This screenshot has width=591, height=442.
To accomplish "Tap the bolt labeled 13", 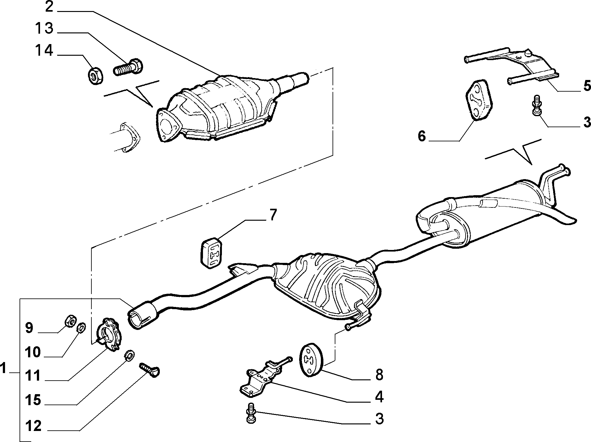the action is click(127, 67).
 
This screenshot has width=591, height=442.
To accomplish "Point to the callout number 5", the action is click(587, 86).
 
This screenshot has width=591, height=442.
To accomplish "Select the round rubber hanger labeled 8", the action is click(310, 359).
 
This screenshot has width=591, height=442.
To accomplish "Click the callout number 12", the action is click(33, 426).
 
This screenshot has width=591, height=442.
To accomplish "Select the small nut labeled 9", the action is click(70, 321).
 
